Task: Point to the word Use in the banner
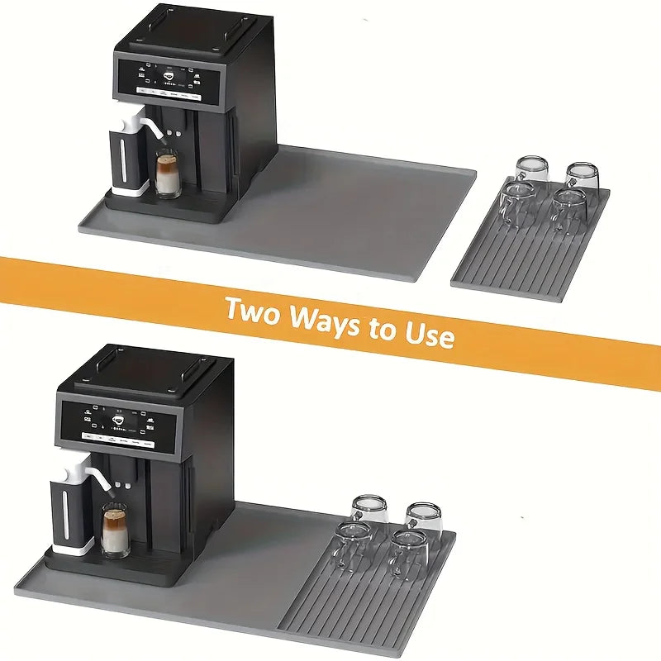[427, 335]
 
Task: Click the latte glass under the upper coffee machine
[168, 175]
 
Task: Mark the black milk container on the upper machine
[124, 161]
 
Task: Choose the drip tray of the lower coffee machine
[116, 566]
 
